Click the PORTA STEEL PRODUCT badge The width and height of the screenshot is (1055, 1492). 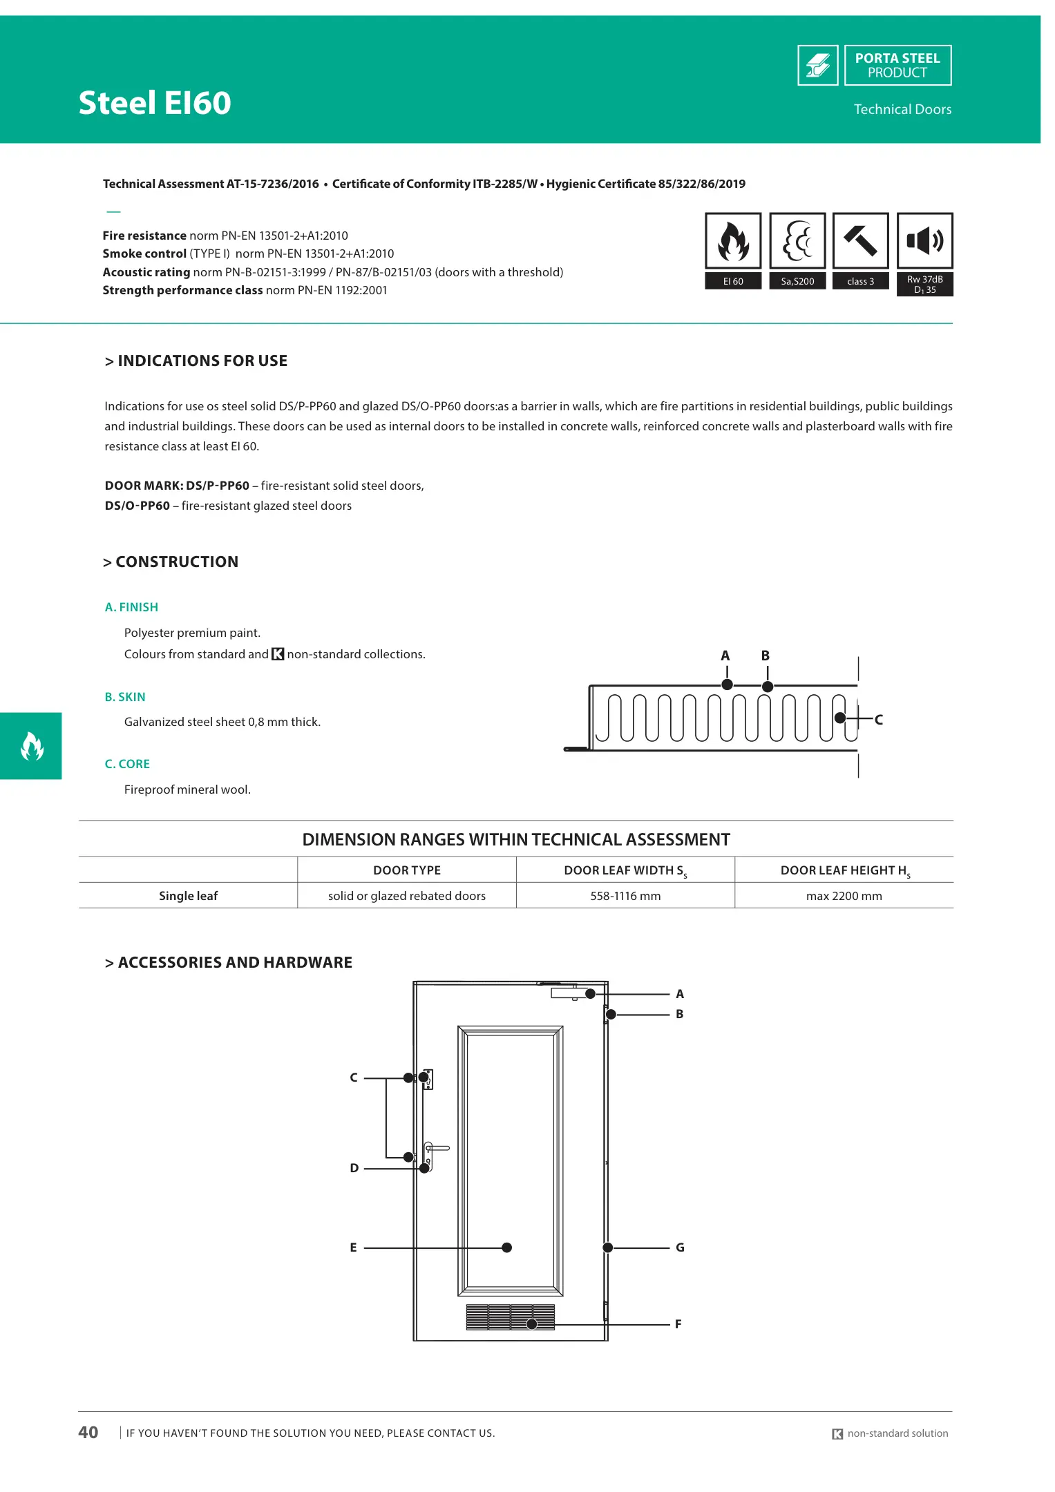[x=897, y=66]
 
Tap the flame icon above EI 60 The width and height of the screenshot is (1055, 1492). [x=733, y=241]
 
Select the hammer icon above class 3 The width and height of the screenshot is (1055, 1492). [x=860, y=241]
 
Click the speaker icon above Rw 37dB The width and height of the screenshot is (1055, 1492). [x=924, y=241]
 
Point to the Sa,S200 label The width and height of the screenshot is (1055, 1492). [x=797, y=281]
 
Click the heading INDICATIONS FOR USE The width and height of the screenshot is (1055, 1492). [x=202, y=361]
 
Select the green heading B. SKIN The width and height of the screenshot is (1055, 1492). [x=125, y=697]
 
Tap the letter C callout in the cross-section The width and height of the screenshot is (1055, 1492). [x=879, y=720]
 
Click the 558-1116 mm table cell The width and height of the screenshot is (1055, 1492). [x=625, y=896]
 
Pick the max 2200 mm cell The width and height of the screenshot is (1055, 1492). [x=844, y=896]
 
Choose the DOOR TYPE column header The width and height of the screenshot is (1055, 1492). [x=406, y=870]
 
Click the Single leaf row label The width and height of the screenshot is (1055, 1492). [x=188, y=896]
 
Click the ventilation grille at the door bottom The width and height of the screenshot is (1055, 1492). [x=510, y=1317]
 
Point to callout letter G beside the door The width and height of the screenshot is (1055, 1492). [x=680, y=1247]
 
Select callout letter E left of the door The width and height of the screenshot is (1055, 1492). [x=353, y=1247]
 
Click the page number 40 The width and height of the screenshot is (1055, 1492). [x=88, y=1433]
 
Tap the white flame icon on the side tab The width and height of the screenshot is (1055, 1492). [x=32, y=746]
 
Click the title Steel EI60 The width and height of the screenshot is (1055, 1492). [x=155, y=103]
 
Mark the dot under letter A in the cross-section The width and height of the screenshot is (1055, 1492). [x=727, y=685]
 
